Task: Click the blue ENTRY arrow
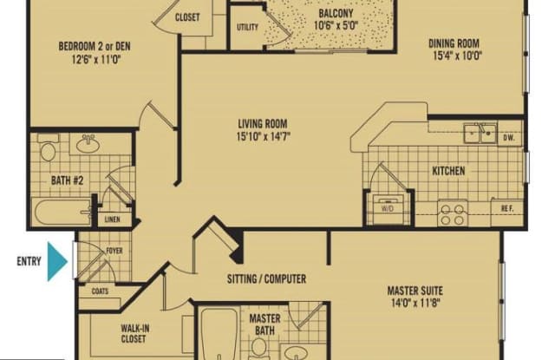56,262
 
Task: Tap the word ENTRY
29,262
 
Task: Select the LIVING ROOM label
263,124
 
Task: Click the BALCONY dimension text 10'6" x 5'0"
336,25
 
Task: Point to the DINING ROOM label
454,43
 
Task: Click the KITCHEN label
448,171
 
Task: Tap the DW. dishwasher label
509,138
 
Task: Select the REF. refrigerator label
507,209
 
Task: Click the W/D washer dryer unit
388,209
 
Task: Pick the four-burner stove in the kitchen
453,213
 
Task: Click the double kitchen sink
480,133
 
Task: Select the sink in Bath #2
88,144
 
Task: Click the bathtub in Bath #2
62,212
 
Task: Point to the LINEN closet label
113,219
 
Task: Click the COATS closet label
100,291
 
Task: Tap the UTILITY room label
247,27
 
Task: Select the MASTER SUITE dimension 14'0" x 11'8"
415,303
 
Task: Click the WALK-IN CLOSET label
134,333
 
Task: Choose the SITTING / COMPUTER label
266,279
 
